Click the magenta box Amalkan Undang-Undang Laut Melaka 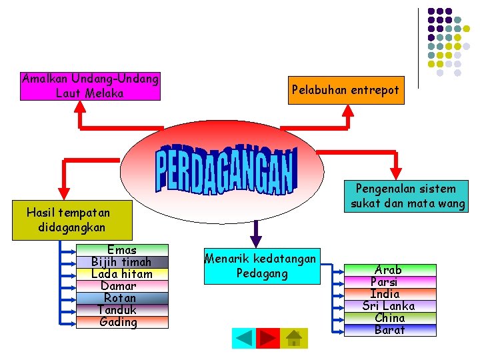point(91,87)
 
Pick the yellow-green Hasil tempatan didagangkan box point(68,220)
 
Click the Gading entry point(122,323)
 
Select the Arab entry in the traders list point(389,270)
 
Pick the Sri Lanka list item point(389,306)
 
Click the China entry point(389,318)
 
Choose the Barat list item point(389,330)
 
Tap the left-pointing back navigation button point(244,338)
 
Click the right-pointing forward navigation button point(268,338)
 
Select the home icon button point(293,338)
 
